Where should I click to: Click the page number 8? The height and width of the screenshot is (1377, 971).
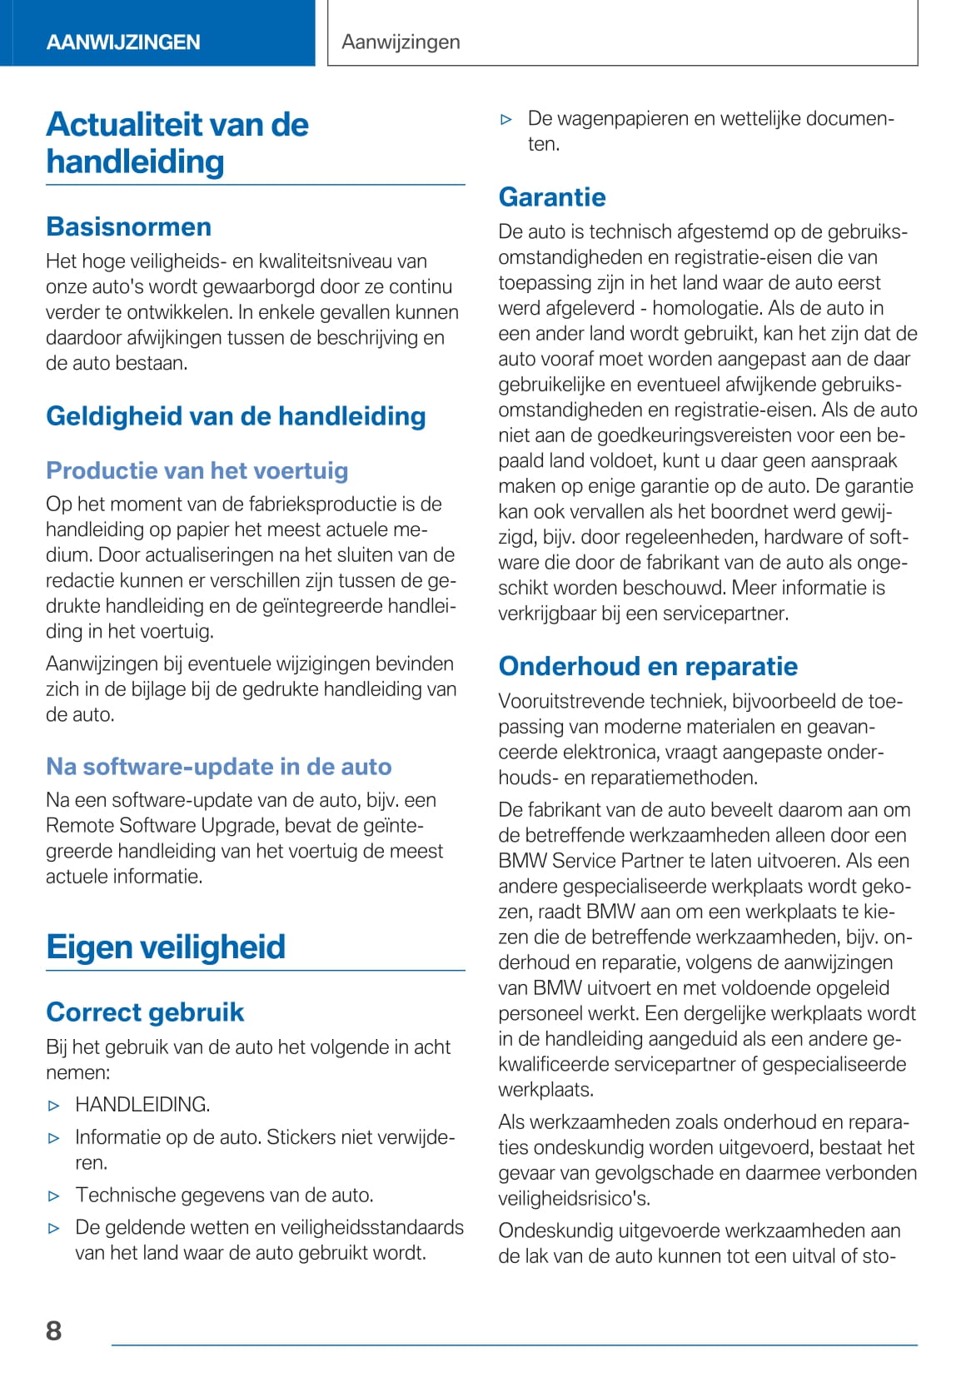54,1330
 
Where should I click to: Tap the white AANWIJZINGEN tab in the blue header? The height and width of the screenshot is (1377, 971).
123,42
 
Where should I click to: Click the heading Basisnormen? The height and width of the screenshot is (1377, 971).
128,226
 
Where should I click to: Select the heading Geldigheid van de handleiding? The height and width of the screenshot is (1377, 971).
236,415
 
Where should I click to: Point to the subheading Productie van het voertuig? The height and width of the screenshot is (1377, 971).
197,470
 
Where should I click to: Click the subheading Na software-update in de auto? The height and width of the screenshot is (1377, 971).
219,766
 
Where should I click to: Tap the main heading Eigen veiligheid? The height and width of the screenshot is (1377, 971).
166,947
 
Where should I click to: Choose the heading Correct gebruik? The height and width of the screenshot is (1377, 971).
145,1012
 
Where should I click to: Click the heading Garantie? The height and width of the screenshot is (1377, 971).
552,196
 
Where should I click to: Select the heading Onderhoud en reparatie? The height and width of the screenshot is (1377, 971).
648,666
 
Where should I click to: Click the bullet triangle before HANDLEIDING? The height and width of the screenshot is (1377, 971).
54,1106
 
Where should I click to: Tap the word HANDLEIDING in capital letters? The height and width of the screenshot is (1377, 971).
142,1105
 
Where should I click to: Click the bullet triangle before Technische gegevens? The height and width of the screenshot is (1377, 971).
54,1196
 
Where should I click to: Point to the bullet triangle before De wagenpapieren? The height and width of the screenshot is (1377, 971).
506,120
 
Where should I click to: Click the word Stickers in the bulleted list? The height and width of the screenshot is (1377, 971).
301,1137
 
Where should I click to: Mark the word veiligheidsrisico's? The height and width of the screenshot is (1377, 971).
575,1198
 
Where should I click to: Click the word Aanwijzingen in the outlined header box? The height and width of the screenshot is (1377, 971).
401,42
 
